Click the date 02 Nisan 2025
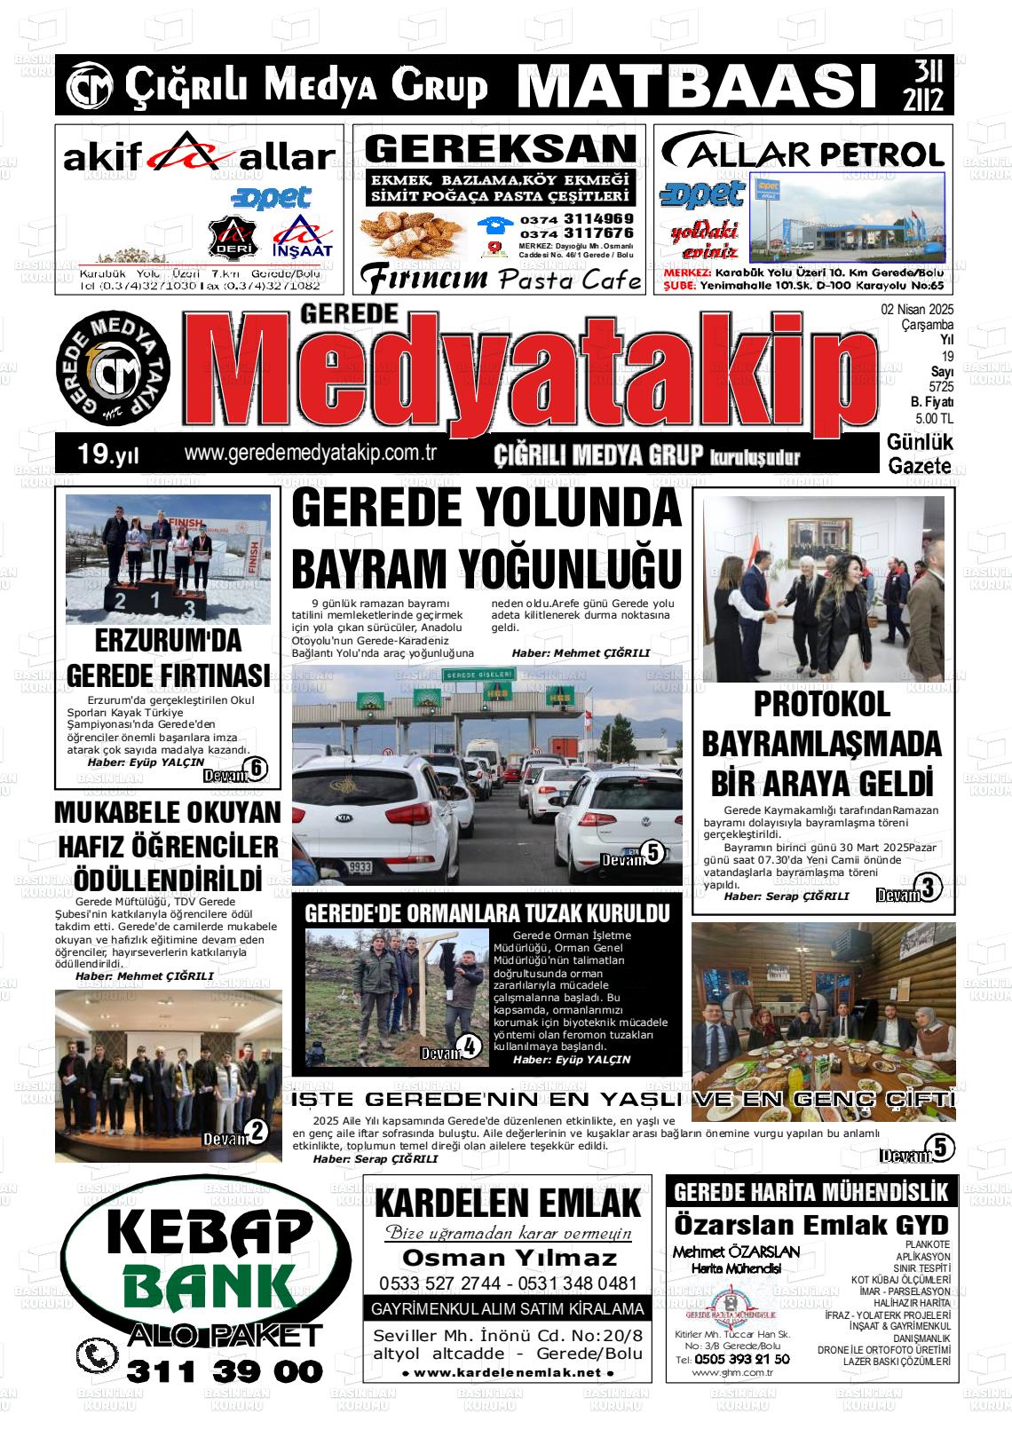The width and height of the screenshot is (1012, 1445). pos(916,311)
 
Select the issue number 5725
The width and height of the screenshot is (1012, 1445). pos(941,388)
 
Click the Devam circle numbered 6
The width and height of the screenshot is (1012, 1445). pos(256,770)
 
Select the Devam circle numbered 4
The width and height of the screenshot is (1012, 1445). pos(470,1046)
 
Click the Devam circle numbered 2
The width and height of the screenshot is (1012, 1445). pos(257,1132)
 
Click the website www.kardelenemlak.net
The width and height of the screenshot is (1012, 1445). pos(508,1372)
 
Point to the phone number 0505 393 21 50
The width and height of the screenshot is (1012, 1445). pos(741,1359)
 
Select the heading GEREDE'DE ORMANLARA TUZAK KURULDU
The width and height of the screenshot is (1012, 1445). pos(486,913)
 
